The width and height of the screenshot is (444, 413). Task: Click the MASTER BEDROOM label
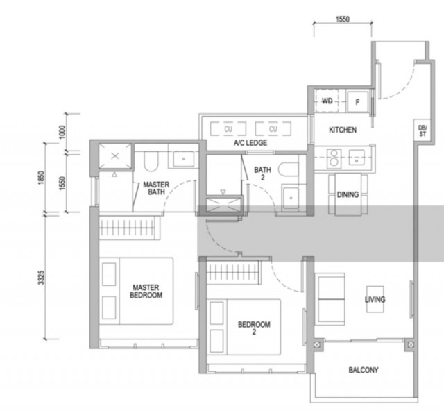pos(146,291)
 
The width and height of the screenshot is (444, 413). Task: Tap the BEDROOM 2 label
pos(254,328)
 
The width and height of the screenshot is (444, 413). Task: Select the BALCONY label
pos(364,371)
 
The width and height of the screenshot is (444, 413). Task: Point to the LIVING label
pos(375,300)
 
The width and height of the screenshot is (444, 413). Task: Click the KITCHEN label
pos(343,130)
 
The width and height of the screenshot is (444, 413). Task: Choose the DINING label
pos(348,195)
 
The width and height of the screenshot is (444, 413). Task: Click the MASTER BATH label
pos(157,189)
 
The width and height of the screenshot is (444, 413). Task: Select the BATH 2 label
pos(262,174)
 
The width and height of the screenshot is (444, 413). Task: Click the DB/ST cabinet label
pos(422,132)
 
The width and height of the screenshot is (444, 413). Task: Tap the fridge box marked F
pos(357,101)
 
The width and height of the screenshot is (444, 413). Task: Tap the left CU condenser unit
pos(228,129)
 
